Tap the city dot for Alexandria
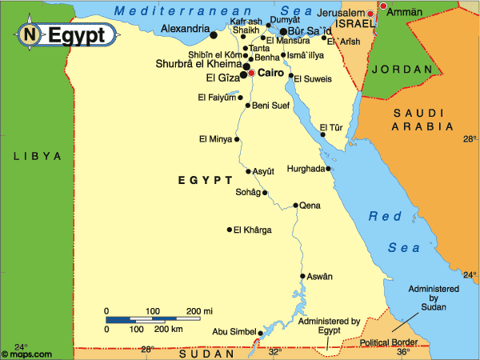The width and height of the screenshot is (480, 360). point(213,34)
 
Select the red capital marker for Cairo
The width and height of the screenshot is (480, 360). point(251,73)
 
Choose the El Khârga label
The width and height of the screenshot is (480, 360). point(252,230)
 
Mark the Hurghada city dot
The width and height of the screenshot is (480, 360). point(329,169)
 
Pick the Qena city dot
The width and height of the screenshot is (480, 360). point(295,206)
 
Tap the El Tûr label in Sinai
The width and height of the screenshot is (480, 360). point(330,126)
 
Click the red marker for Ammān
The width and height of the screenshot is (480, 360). point(382,6)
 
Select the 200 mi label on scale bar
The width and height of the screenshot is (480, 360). point(199,310)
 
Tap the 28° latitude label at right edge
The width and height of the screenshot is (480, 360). point(470,139)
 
